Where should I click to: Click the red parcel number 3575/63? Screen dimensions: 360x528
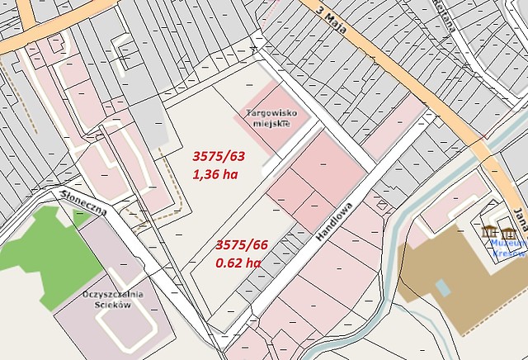[219, 155]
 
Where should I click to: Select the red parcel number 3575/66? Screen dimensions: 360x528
[242, 244]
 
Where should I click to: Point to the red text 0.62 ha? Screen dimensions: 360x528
[238, 263]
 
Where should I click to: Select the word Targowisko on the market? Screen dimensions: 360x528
[271, 112]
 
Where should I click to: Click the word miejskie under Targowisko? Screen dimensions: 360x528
[271, 123]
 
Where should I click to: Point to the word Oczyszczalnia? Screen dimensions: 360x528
[113, 294]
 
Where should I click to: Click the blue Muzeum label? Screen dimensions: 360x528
[509, 244]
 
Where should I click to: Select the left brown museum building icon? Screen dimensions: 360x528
[490, 232]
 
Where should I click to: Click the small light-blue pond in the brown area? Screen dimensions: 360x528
[443, 287]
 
